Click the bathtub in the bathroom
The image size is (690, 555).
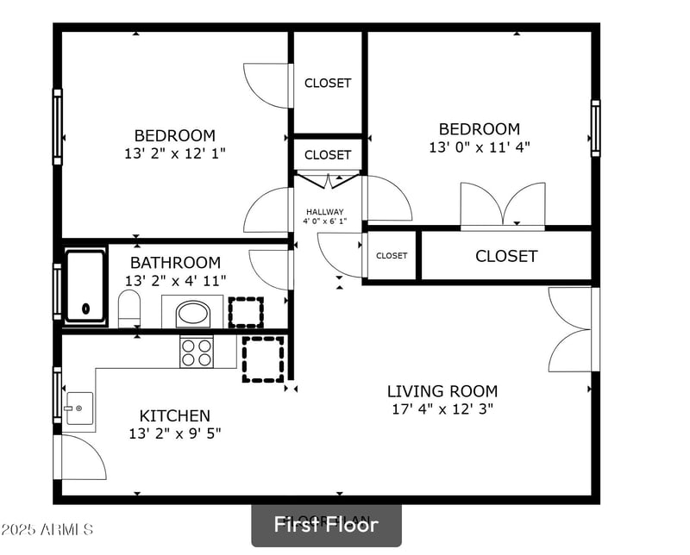[85, 285]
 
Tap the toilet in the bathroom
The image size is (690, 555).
[129, 309]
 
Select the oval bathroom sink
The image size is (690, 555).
[193, 312]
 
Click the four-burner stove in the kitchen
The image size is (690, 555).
[196, 352]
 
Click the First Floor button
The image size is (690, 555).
[326, 524]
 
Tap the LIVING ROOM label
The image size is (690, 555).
[442, 391]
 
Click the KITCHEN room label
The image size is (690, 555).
[175, 415]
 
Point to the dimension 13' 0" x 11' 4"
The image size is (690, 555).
[479, 147]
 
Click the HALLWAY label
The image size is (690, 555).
[324, 212]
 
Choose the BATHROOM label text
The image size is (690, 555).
[175, 262]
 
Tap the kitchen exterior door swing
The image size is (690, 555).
[82, 457]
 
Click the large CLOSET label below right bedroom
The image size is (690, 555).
[506, 256]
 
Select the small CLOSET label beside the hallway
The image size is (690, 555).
[392, 255]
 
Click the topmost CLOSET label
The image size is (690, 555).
[328, 83]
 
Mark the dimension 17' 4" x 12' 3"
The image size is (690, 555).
[442, 409]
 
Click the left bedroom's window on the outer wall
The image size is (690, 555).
[58, 127]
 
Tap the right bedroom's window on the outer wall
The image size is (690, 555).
[595, 128]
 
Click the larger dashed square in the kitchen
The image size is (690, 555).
[263, 359]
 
